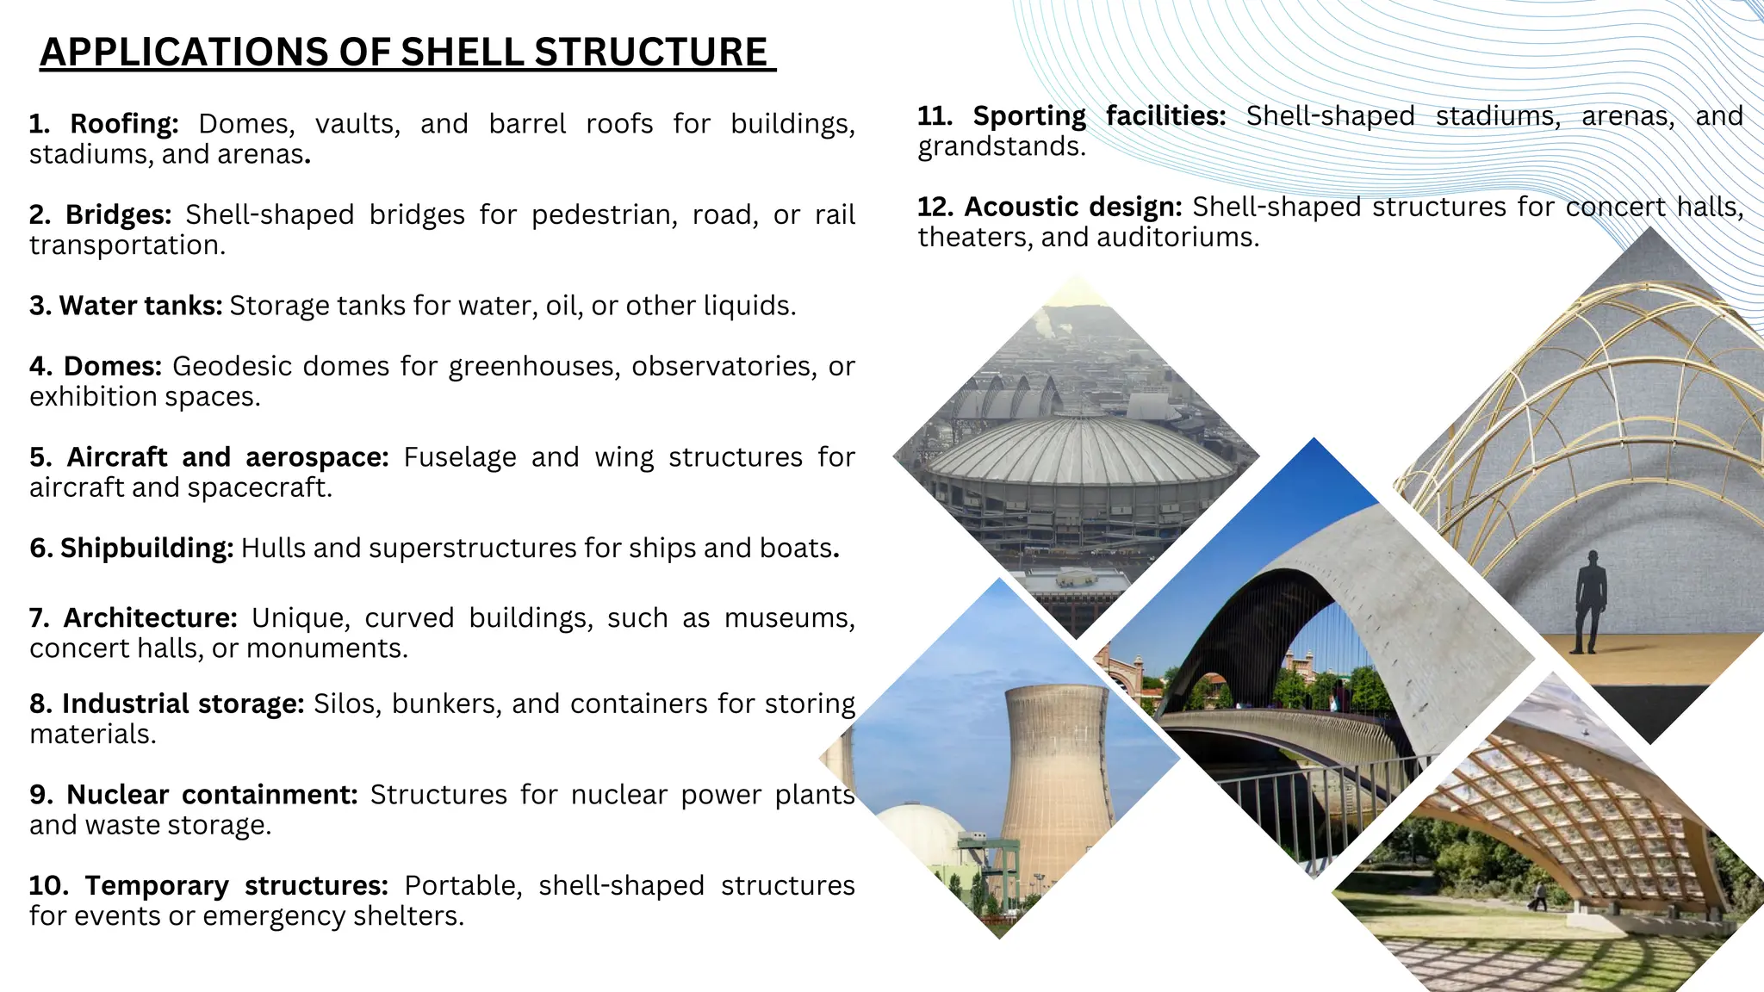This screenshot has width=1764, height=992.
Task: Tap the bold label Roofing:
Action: click(x=123, y=124)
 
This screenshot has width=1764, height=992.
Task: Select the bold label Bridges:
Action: click(x=118, y=214)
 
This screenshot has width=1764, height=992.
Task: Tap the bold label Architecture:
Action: click(x=150, y=618)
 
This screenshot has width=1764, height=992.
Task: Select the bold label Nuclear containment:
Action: click(x=212, y=795)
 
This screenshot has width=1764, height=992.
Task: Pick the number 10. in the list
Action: click(x=48, y=886)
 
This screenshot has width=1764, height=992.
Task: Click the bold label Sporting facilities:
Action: click(x=1099, y=116)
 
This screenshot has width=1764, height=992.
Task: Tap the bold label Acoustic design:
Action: click(x=1073, y=208)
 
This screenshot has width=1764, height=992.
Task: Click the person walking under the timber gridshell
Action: click(x=1537, y=897)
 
